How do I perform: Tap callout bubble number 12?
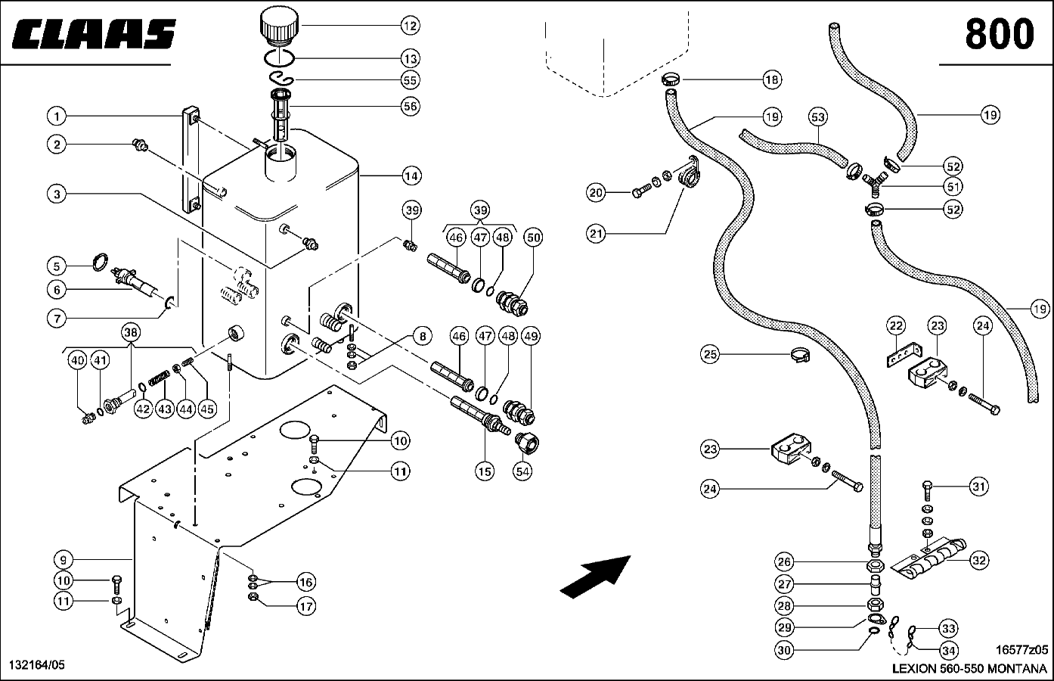[x=410, y=26]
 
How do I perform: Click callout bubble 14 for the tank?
[x=410, y=176]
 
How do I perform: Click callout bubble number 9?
[x=65, y=560]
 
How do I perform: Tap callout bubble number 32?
[x=979, y=560]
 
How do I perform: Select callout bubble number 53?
[x=817, y=117]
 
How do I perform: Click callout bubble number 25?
[x=709, y=354]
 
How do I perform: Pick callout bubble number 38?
[x=131, y=331]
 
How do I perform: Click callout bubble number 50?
[x=534, y=238]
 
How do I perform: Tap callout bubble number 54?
[x=522, y=470]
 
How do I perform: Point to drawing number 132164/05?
[x=36, y=664]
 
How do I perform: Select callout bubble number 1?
[x=56, y=117]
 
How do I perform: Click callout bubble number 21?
[x=597, y=234]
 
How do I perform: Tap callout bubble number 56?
[x=410, y=106]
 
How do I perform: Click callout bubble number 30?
[x=784, y=648]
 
